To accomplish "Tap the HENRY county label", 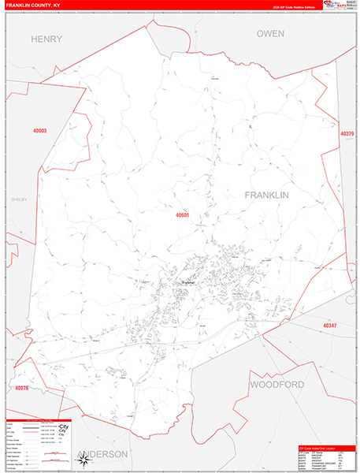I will [45, 38].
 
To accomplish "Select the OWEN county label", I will [270, 33].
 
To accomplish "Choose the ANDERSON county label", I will [102, 455].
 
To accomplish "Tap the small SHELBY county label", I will [18, 199].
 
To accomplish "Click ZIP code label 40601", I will [183, 214].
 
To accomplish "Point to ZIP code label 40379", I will [347, 134].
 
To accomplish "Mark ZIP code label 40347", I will [329, 325].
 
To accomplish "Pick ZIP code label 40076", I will [21, 388].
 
